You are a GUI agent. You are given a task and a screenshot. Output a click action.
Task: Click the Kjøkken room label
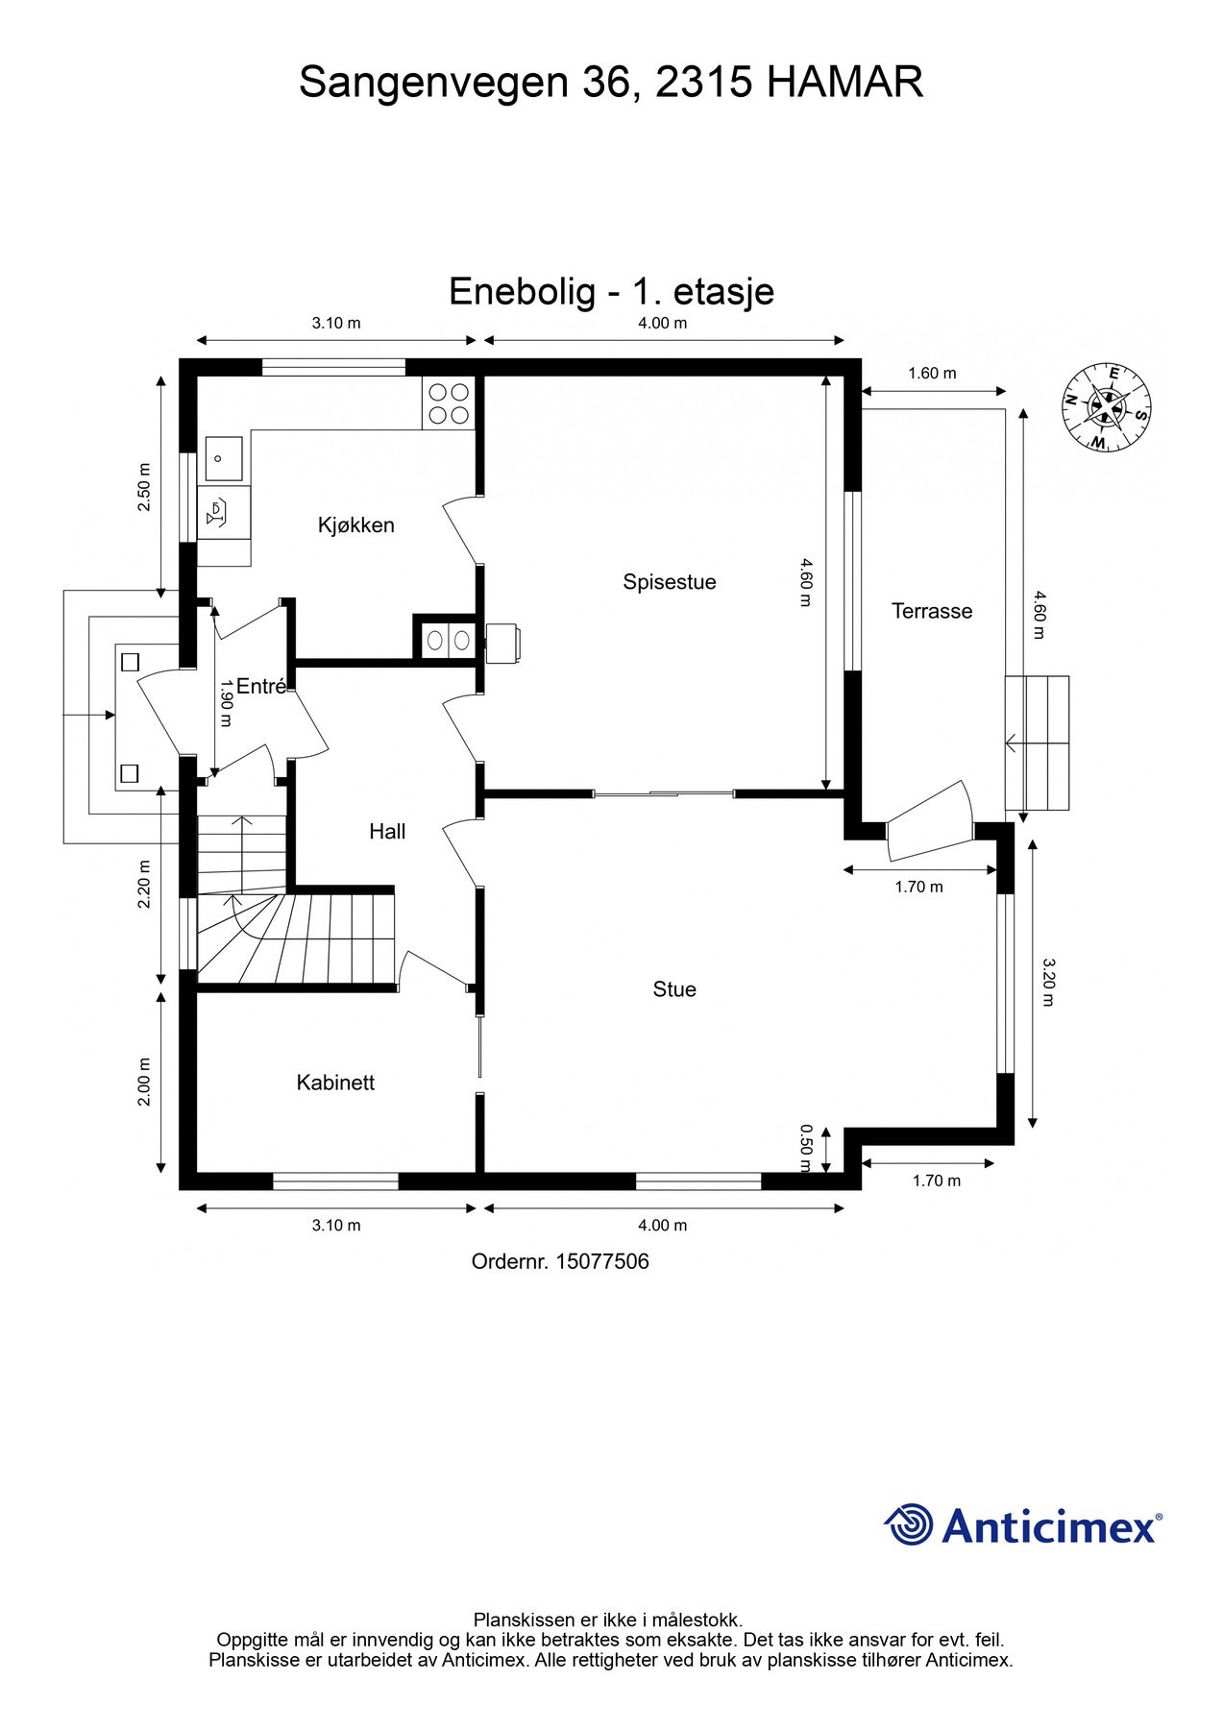tap(355, 525)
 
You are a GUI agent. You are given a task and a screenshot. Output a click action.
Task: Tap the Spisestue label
tap(669, 582)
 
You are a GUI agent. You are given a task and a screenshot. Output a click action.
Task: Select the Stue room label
tap(673, 989)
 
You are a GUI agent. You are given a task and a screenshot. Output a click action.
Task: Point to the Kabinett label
tap(335, 1083)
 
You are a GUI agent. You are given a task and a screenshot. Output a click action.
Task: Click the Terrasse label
tap(931, 611)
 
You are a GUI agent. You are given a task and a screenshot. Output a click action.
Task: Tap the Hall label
tap(387, 832)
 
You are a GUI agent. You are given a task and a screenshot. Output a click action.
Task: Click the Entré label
tap(260, 687)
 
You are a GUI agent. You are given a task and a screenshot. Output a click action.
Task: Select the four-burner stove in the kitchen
tap(449, 403)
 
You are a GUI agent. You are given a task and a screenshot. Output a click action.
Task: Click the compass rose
tap(1107, 407)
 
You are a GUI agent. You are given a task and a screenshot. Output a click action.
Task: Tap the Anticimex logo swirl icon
tap(909, 1525)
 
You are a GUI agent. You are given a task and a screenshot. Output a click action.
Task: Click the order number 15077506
tap(600, 1261)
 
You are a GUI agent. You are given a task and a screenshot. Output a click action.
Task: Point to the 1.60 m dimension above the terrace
tap(932, 374)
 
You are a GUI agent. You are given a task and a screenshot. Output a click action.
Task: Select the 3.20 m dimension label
tap(1048, 981)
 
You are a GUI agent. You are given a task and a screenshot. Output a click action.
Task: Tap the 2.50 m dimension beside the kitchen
tap(144, 488)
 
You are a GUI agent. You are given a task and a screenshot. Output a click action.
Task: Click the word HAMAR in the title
tap(844, 83)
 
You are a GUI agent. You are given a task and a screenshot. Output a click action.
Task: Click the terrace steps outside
tap(1038, 743)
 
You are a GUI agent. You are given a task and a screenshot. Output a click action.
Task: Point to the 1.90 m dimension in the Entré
tap(227, 703)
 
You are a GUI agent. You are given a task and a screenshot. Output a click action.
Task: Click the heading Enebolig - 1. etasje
tap(611, 291)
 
